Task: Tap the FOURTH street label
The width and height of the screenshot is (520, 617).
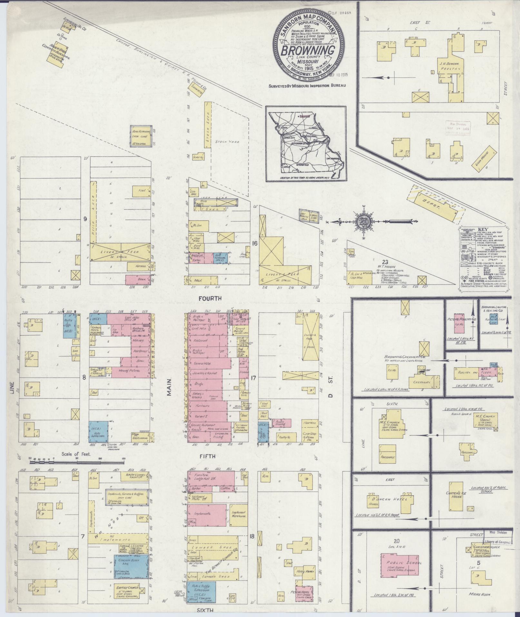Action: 210,299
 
